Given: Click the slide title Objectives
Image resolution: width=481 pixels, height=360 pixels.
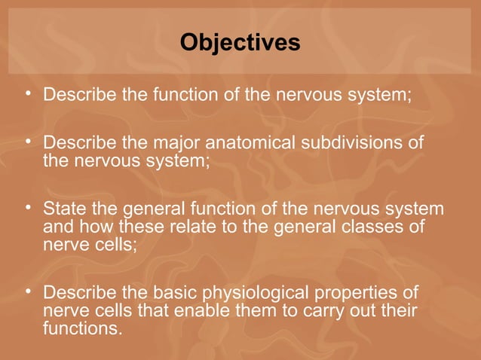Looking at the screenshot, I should [x=240, y=43].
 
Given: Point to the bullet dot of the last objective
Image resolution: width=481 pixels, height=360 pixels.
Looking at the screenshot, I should [x=28, y=291].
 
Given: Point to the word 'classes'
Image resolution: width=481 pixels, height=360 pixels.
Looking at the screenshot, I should [x=380, y=227].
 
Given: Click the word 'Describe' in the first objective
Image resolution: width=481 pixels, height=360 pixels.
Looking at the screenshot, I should [x=79, y=96].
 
